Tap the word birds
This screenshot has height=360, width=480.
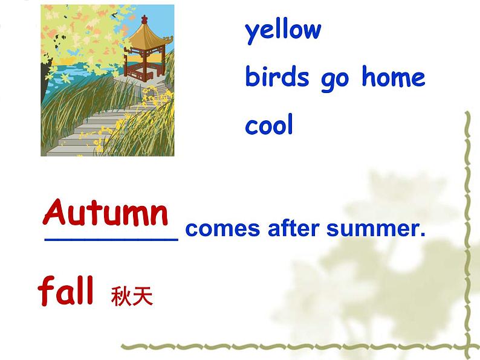point(277,76)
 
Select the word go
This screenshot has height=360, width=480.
point(335,80)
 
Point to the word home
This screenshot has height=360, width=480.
point(394,76)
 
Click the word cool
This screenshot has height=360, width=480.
point(269,124)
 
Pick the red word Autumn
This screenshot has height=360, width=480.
point(106,212)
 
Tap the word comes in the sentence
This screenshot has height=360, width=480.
point(222,229)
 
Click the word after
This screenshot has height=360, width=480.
point(294,228)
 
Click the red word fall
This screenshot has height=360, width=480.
point(65,290)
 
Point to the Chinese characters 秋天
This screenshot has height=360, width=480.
point(132,296)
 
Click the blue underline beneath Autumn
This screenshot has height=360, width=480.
point(111,240)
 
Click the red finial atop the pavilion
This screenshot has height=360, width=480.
point(144,19)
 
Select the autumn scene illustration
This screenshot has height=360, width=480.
point(108,80)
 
